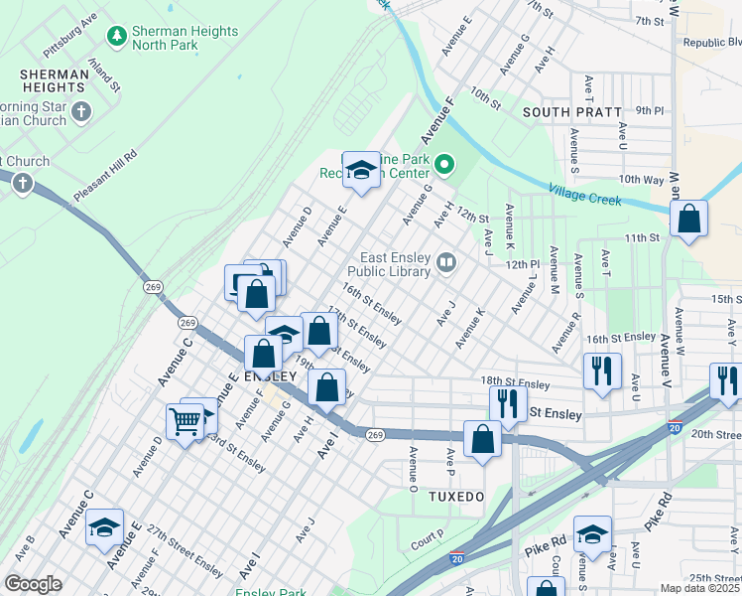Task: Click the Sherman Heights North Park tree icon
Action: [x=117, y=36]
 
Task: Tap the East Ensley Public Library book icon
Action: [x=446, y=263]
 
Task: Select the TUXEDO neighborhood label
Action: [x=455, y=496]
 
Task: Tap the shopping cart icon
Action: [x=185, y=422]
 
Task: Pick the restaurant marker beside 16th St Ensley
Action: [x=601, y=372]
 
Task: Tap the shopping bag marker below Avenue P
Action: [x=482, y=439]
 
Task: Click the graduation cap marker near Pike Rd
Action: [x=592, y=536]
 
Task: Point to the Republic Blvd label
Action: [x=712, y=43]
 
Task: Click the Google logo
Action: [x=33, y=584]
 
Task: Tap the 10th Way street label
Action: [x=640, y=180]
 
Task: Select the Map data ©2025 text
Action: [x=700, y=588]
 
